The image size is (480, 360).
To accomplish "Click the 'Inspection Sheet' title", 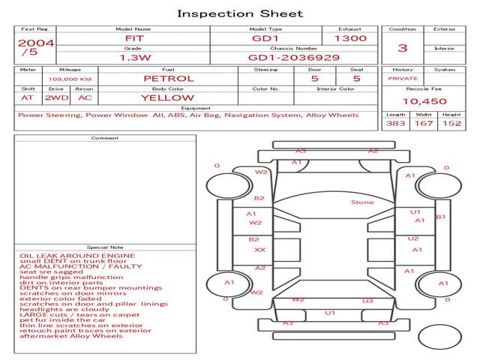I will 240,13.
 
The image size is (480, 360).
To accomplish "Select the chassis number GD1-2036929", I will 293,57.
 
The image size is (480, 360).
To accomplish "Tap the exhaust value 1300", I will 350,37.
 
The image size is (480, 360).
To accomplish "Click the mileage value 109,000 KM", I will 70,79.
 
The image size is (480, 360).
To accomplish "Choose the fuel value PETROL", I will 168,78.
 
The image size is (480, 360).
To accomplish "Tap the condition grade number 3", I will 403,47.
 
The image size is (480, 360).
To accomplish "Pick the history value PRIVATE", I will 403,78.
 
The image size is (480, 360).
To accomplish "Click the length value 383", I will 395,123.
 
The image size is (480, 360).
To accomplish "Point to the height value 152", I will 451,123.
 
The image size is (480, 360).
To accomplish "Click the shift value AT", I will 28,97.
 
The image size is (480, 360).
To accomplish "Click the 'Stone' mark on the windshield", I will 362,202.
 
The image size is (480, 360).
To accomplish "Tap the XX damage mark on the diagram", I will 259,250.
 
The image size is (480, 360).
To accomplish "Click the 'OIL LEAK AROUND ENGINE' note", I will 77,256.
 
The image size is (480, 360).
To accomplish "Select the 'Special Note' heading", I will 105,247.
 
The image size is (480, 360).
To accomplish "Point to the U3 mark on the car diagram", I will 367,301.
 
